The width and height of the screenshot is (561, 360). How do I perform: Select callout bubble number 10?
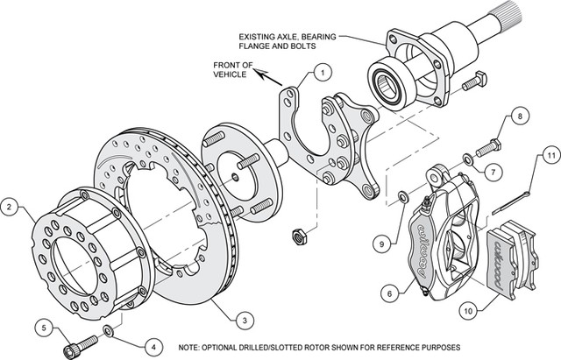click(472, 307)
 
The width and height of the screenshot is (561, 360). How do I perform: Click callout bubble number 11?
click(549, 157)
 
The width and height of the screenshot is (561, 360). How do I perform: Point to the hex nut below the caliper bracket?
click(298, 233)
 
